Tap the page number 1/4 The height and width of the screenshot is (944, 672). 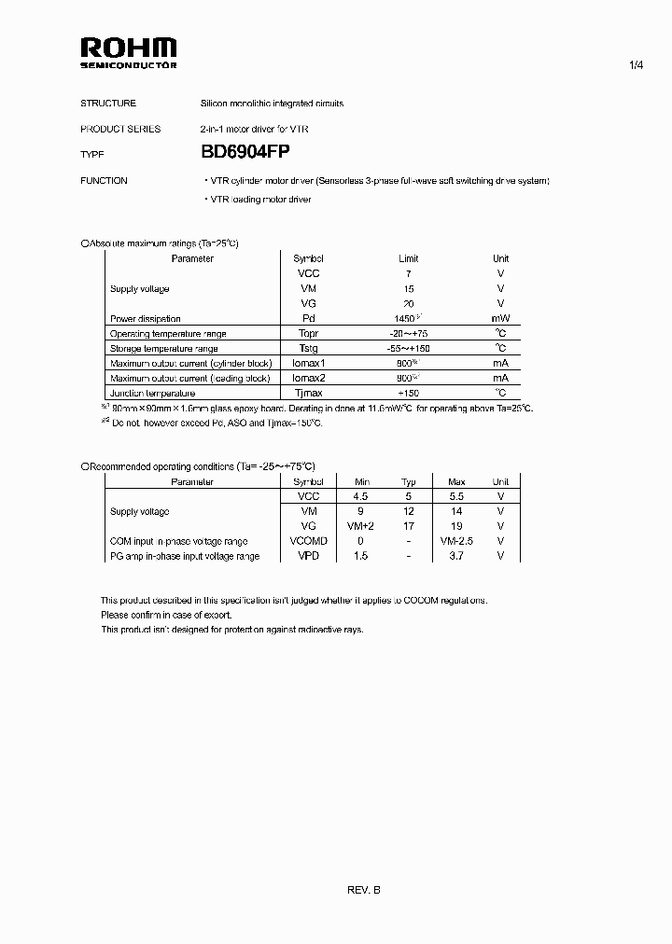click(637, 65)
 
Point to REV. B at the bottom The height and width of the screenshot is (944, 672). click(364, 890)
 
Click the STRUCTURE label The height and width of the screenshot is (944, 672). click(108, 104)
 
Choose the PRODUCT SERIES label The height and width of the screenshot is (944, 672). click(120, 129)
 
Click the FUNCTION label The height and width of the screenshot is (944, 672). click(105, 181)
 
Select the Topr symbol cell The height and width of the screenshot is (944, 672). click(307, 333)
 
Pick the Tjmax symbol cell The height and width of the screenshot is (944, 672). click(307, 393)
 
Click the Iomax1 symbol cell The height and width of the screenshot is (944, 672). click(307, 363)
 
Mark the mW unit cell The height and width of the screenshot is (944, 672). click(500, 318)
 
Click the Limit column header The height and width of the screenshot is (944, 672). click(408, 258)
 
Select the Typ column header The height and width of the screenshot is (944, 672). click(408, 482)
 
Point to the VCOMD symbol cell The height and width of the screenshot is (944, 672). click(308, 541)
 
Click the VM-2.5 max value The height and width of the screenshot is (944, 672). click(456, 541)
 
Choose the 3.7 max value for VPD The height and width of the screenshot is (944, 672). click(456, 556)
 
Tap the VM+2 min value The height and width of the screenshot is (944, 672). click(360, 526)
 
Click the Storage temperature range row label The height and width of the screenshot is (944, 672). click(163, 348)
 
